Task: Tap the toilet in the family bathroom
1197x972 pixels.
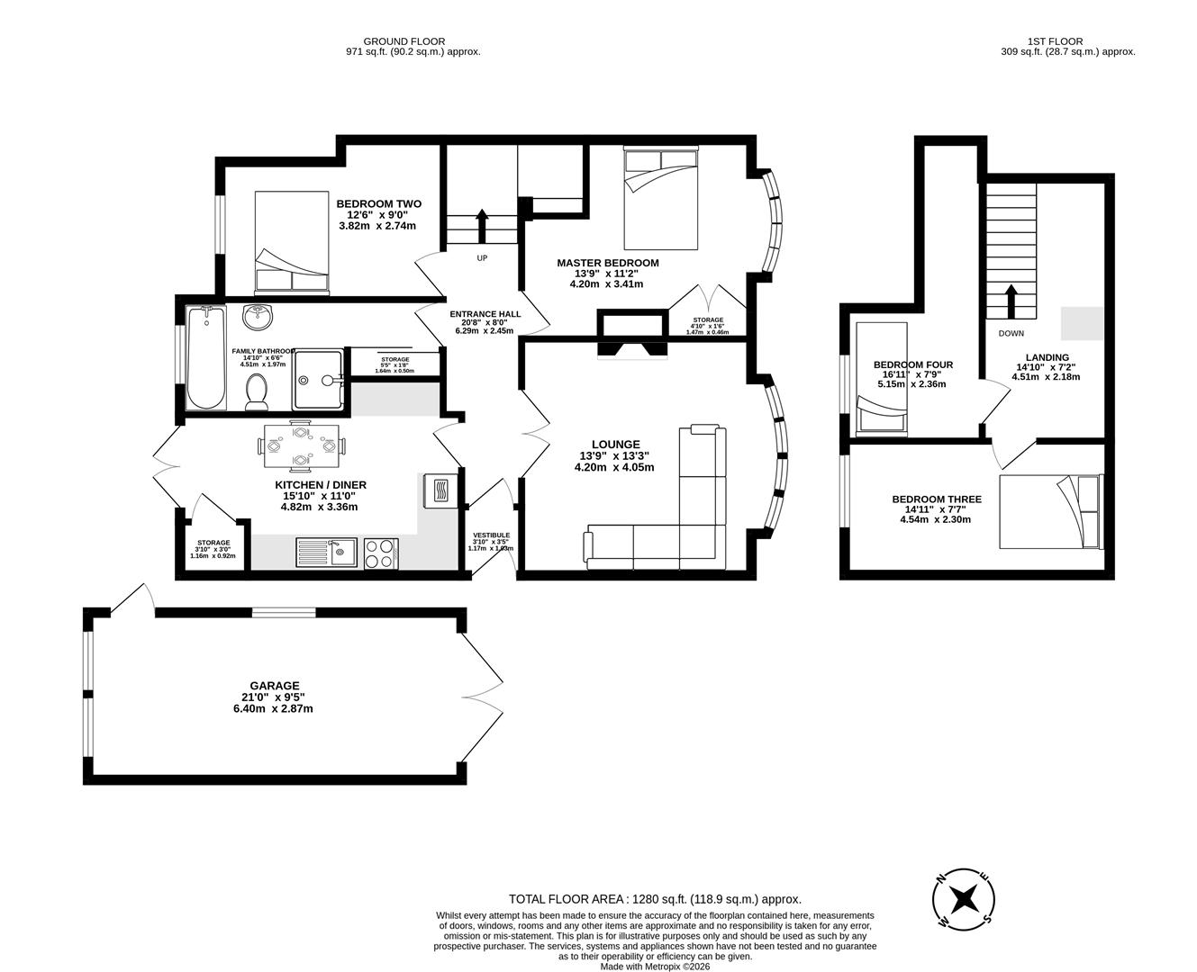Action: tap(256, 391)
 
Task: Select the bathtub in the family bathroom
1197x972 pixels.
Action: tap(206, 357)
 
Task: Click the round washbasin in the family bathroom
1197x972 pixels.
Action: tap(258, 317)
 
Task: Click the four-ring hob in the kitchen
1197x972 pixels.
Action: tap(381, 552)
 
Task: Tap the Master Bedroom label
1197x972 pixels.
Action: tap(607, 263)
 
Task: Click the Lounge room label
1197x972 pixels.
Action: tap(616, 444)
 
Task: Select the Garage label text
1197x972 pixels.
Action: tap(275, 686)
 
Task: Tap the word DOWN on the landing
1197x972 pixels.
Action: tap(1011, 333)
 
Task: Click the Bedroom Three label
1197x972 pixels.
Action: tap(937, 499)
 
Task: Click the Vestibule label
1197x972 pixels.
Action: tap(491, 535)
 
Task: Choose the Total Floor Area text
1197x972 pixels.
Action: tap(655, 898)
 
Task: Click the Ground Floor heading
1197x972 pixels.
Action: tap(404, 41)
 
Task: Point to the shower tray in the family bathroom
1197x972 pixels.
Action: tap(318, 379)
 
